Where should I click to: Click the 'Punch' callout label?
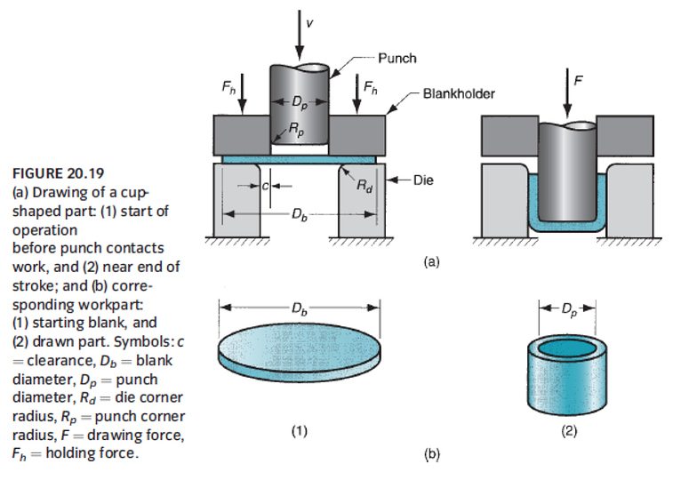pos(397,59)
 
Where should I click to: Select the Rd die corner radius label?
pos(365,187)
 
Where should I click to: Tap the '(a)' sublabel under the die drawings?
pos(432,262)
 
